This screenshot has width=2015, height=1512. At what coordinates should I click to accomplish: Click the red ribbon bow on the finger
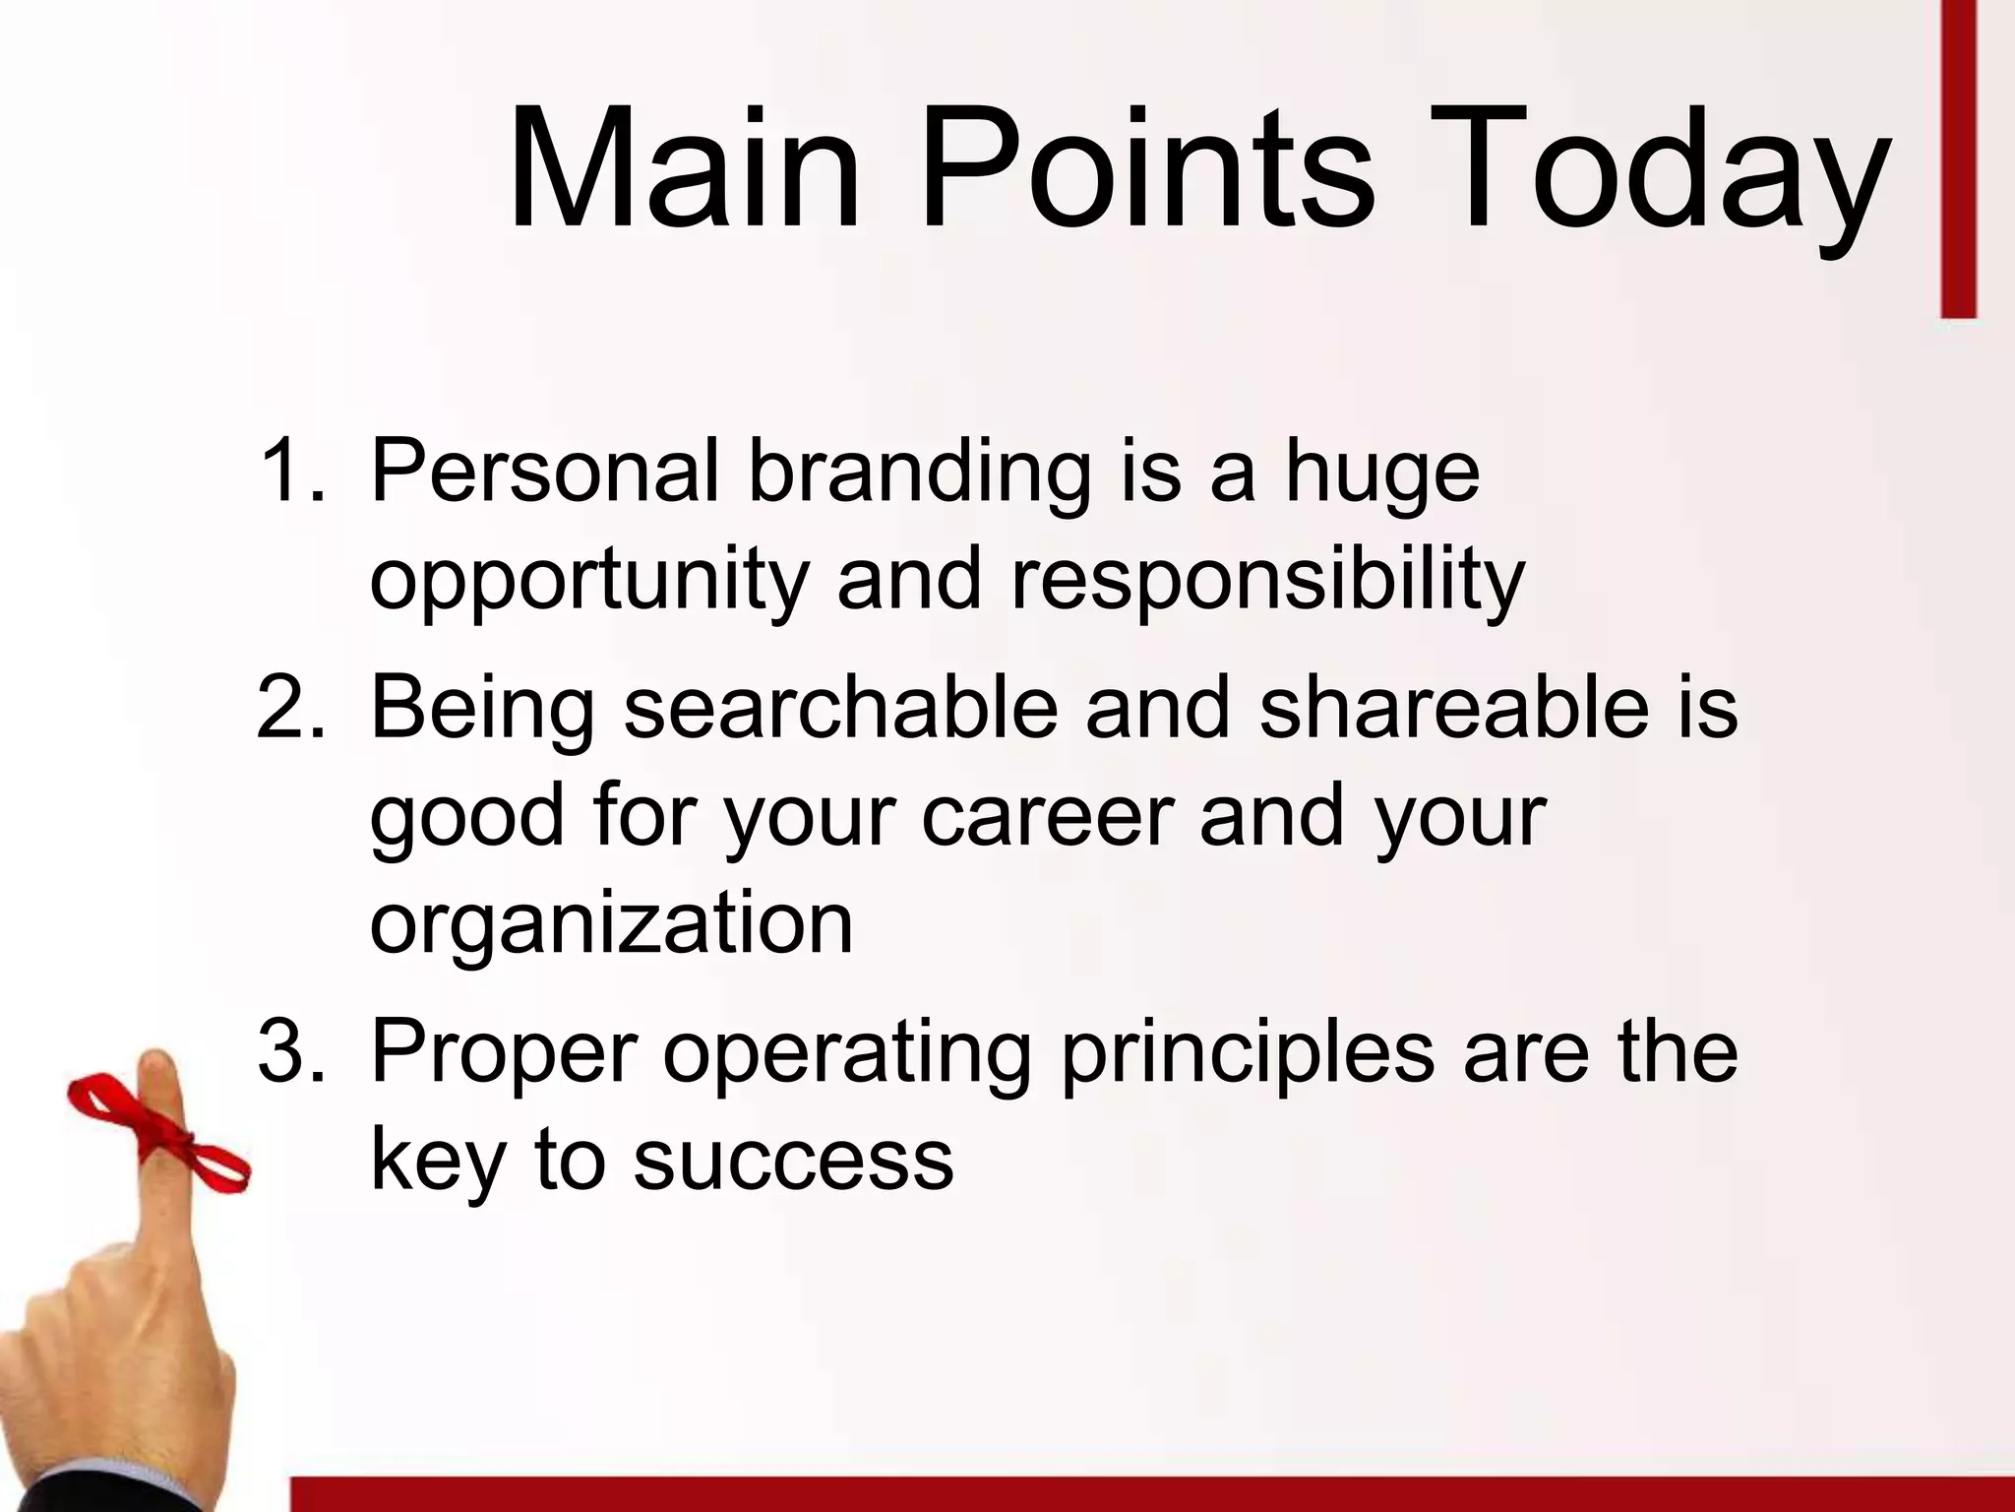click(x=157, y=1128)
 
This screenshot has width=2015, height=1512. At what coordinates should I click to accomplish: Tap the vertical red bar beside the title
click(x=1958, y=157)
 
